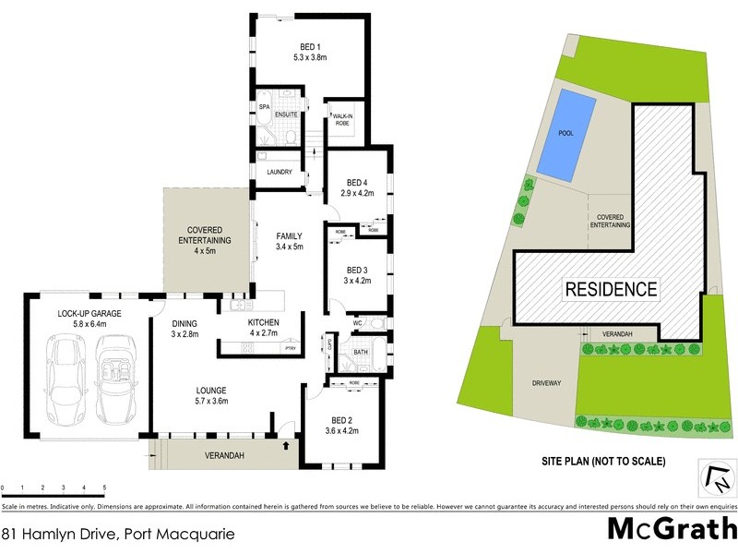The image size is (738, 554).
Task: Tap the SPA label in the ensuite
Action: click(x=263, y=108)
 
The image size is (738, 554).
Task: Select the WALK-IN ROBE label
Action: click(x=342, y=118)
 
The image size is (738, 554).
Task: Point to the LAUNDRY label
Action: click(x=279, y=172)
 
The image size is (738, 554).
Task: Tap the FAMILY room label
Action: click(x=290, y=241)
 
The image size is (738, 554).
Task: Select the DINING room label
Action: click(x=185, y=328)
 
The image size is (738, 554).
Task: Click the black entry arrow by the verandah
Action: click(x=285, y=446)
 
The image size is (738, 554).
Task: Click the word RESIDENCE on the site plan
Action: click(x=612, y=289)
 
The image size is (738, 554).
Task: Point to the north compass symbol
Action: click(x=716, y=477)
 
